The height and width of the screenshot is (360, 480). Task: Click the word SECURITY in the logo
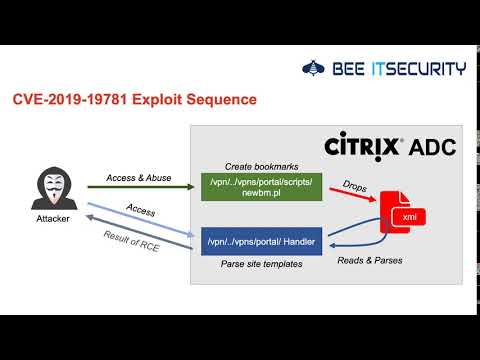pos(424,69)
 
